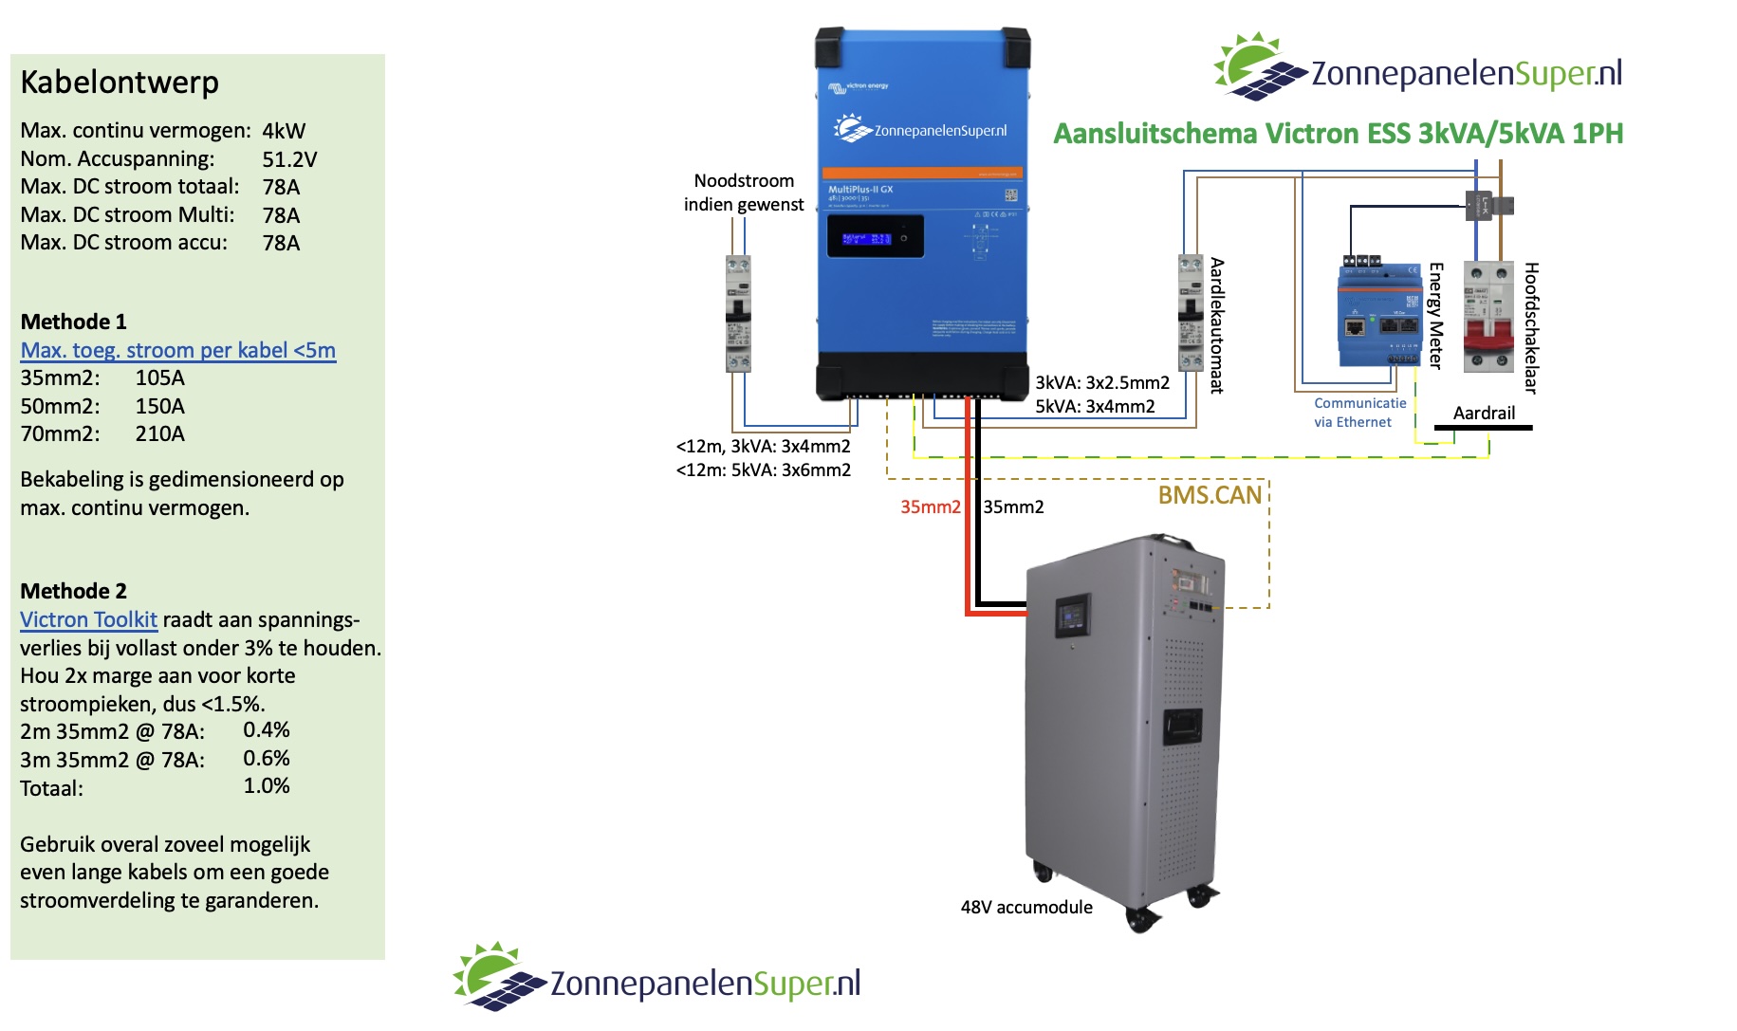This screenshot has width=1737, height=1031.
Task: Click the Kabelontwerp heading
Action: [120, 83]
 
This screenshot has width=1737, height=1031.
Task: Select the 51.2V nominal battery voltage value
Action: [289, 159]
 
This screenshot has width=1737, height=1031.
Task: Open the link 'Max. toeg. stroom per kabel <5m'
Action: [178, 350]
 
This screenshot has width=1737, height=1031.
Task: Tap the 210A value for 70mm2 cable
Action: [159, 434]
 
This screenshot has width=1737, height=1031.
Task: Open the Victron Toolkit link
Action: [88, 620]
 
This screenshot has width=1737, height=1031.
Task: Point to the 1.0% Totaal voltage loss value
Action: [267, 786]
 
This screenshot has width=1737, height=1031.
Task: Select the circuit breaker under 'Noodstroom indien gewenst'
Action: [738, 313]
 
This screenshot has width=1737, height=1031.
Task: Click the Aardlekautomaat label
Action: [1217, 325]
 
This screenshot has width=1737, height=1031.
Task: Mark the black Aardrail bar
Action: [1483, 428]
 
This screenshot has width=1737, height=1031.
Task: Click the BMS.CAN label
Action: [1210, 495]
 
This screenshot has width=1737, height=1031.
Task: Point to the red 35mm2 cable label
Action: [930, 507]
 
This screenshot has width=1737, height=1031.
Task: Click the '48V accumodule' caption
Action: [1026, 908]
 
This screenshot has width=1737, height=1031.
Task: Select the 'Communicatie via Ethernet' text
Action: [1359, 413]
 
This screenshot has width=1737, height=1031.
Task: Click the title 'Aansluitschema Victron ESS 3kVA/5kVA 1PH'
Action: [1338, 134]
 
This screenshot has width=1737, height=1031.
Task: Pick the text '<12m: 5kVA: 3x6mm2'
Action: [763, 470]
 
